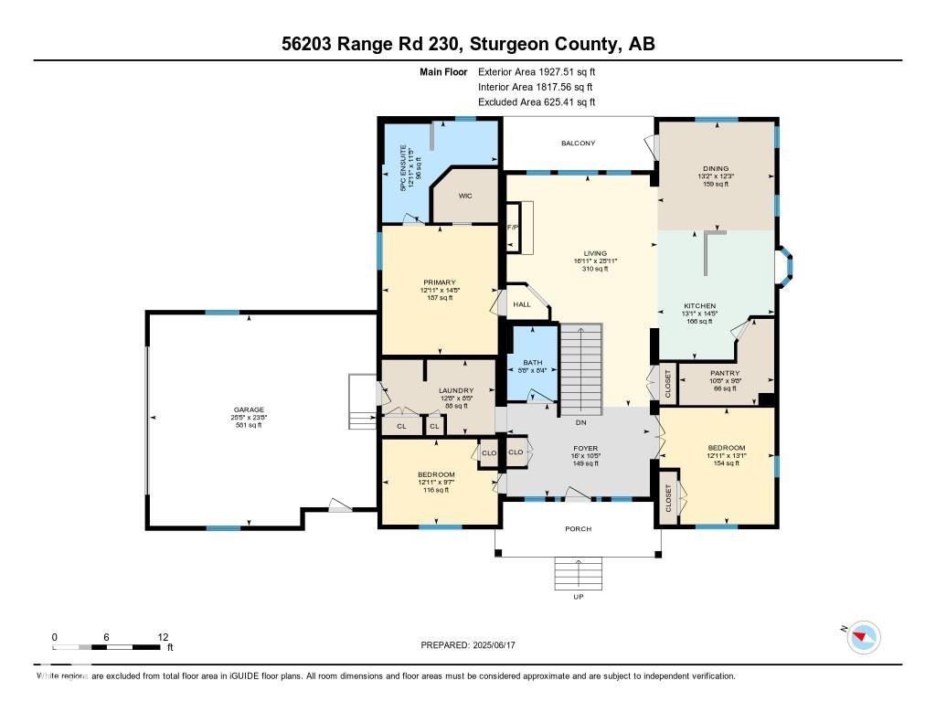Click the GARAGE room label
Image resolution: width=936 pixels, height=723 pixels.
click(x=248, y=409)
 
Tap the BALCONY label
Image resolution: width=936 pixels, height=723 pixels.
click(x=578, y=144)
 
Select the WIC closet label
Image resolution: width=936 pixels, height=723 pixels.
click(x=464, y=196)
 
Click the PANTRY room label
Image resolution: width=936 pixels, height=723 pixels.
click(x=725, y=373)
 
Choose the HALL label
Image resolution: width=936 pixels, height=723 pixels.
click(x=521, y=304)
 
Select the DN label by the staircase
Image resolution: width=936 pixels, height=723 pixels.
click(x=580, y=422)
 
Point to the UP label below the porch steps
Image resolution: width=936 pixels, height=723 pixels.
click(x=578, y=597)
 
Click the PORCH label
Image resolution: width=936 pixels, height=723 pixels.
click(x=578, y=529)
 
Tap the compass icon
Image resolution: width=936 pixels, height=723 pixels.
click(x=864, y=637)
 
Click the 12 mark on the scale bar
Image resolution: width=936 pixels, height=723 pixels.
click(x=163, y=637)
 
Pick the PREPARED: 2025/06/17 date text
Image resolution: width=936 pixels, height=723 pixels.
click(x=474, y=645)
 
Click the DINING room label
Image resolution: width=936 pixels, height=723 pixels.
click(x=716, y=168)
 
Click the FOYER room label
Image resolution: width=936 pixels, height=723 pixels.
click(x=585, y=449)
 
